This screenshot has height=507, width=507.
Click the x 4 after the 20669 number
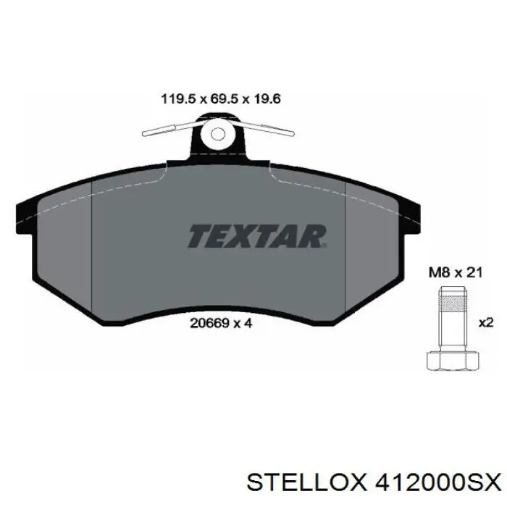tap(243, 324)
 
